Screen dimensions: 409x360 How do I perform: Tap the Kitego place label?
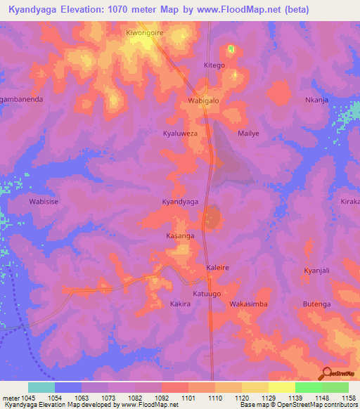(214, 65)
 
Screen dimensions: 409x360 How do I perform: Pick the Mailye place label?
(248, 133)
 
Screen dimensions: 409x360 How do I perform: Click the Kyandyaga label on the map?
(180, 202)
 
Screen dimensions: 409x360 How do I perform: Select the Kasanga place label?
(180, 235)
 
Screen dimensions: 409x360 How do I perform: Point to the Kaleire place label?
(217, 268)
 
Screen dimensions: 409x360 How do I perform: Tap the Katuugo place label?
(207, 293)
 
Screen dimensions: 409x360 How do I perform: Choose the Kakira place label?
(181, 304)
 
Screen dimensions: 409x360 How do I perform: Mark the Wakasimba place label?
(248, 304)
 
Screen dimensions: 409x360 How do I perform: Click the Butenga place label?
(316, 304)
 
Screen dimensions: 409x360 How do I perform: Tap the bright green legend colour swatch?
(308, 387)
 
